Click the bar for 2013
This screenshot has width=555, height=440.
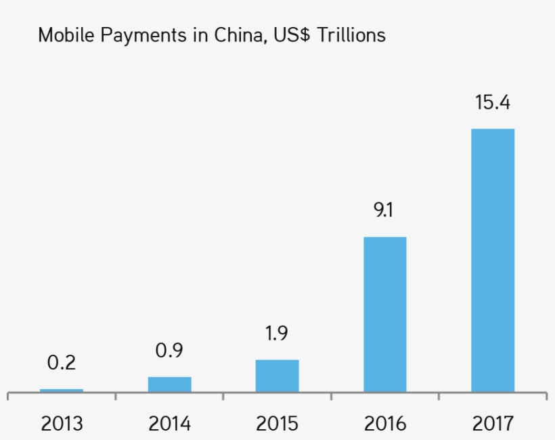coord(62,391)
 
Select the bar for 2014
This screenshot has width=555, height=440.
coord(169,384)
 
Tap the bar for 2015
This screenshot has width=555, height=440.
coord(277,376)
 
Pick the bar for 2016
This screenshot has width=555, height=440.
coord(385,314)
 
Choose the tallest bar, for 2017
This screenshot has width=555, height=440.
coord(493,260)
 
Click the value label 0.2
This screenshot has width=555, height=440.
coord(62,363)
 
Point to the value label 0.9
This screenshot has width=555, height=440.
coord(169,351)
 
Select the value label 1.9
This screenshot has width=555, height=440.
coord(277,334)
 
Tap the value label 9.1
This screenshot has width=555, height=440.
coord(383,211)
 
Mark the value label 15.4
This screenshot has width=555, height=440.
coord(493,104)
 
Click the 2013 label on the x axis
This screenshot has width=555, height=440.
coord(62,424)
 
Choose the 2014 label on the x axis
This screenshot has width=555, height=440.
coord(169,424)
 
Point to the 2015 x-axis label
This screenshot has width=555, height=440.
coord(277,424)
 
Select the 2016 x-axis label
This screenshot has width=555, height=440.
coord(385,424)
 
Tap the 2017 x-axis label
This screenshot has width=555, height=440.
coord(493,424)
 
